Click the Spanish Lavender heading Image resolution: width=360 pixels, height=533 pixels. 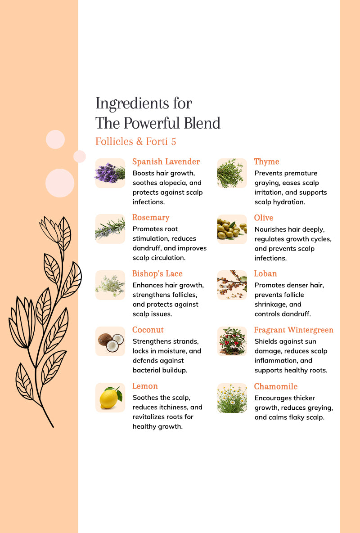click(166, 162)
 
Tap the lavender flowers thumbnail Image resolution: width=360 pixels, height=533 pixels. click(110, 173)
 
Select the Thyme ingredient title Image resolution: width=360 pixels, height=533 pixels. click(266, 162)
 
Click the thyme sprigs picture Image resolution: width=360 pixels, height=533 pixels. click(232, 173)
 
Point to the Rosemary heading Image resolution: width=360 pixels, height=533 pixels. click(151, 218)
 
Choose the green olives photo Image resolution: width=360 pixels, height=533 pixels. click(232, 229)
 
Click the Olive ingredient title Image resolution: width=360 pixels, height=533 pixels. click(263, 218)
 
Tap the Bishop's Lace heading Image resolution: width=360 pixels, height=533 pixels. click(157, 273)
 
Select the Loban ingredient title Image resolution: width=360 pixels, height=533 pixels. click(265, 273)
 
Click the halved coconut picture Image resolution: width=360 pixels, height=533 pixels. click(110, 341)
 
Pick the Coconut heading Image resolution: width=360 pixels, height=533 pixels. click(148, 330)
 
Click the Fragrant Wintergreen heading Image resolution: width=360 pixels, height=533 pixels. click(294, 330)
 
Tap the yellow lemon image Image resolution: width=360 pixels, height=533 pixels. click(110, 398)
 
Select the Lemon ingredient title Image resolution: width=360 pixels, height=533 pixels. click(145, 386)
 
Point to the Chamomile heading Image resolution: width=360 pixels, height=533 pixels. click(276, 386)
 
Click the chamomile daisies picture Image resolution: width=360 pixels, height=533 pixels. click(232, 398)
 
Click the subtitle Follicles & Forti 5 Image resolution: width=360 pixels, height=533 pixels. click(135, 141)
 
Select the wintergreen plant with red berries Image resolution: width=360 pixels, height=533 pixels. click(232, 341)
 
